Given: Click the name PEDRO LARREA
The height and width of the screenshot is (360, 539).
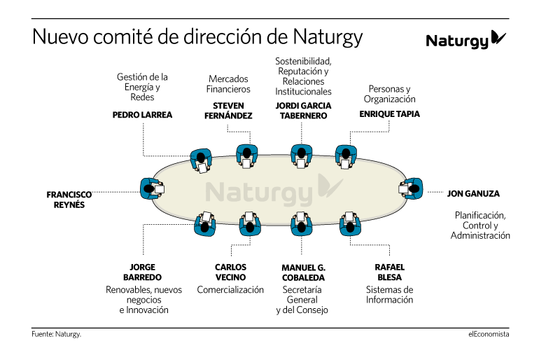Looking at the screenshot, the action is coord(142,115).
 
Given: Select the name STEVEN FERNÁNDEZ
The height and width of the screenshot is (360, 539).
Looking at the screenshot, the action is coord(228,111).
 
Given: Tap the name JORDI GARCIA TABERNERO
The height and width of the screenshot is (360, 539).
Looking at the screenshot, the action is coord(303,111).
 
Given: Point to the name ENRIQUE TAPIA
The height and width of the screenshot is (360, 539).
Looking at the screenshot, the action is coord(389,113).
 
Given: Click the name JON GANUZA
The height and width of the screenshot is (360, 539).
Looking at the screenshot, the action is coord(473,193).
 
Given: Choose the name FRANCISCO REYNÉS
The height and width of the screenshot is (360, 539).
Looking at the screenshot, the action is coord(69,200).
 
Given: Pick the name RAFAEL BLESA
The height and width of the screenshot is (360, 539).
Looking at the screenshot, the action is coord(389,272).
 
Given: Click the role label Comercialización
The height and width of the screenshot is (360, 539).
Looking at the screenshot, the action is coord(230,290).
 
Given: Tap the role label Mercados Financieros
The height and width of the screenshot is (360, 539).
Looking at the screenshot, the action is coord(228,84).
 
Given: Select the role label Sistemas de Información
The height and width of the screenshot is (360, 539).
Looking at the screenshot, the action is coord(389,295).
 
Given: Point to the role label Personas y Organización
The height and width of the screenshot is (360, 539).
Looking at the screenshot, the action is coord(389,94).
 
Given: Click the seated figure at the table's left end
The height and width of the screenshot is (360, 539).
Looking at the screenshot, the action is coord(152,189).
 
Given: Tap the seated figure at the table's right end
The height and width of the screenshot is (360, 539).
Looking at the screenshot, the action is coord(411,188).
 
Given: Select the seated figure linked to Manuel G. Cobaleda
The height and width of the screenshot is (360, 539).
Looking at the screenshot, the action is coord(302,223).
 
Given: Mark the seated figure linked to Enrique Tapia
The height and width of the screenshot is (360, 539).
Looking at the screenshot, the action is coord(346,157).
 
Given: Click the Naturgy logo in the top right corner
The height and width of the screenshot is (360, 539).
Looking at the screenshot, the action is coord(465,40).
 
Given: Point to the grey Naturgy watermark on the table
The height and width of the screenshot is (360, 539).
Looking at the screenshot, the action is coord(274,190).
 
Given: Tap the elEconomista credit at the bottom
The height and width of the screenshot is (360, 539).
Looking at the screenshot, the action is coord(489,334).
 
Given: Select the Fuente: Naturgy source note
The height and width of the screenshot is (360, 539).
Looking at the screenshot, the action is coord(57,334).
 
